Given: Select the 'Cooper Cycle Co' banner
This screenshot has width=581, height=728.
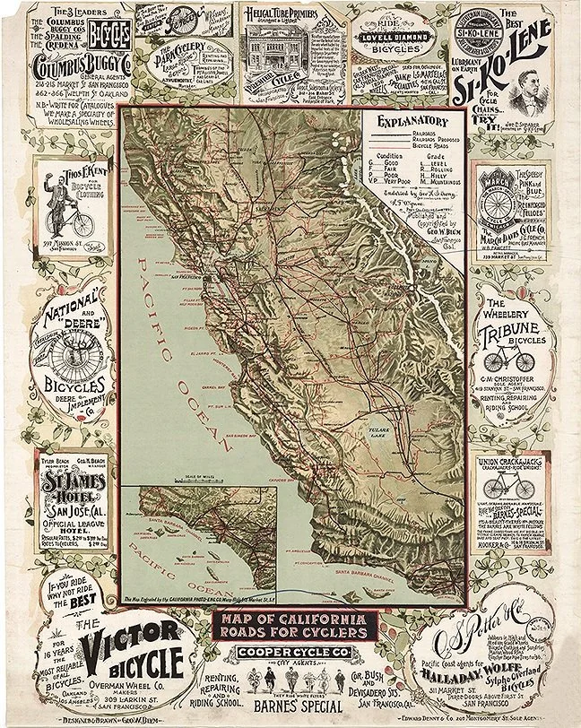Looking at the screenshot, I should [289, 653].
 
